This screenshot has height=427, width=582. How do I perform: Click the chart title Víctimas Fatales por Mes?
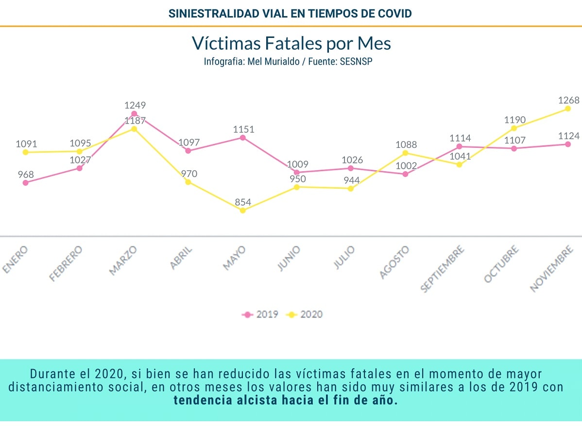[291, 43]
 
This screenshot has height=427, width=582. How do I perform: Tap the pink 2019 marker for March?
[134, 114]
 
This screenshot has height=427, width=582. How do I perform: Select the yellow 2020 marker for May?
[242, 210]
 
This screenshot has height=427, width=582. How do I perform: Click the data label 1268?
[569, 100]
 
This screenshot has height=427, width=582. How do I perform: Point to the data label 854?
[243, 201]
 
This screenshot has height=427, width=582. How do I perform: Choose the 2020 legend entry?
[305, 314]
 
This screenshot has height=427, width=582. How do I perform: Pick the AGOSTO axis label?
[394, 263]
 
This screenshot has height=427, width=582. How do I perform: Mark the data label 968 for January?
[26, 174]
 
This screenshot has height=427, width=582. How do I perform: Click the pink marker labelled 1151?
[242, 138]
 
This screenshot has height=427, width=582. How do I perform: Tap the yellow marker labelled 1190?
[514, 128]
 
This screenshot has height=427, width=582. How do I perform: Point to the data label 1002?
[406, 165]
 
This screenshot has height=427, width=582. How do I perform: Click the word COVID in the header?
[394, 14]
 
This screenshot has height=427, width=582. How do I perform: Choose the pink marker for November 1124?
[568, 144]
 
